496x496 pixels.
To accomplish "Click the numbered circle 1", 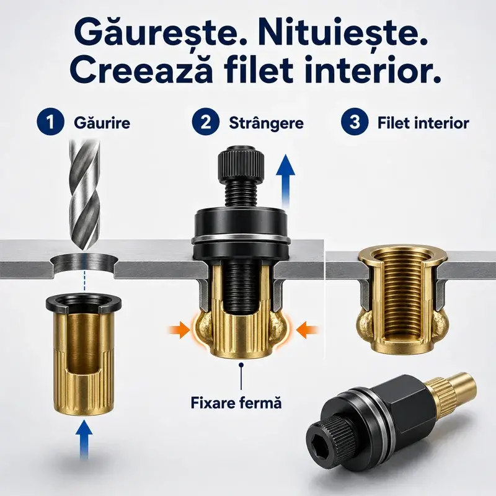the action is click(x=51, y=122).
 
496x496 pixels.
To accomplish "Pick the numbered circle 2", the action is click(x=206, y=122).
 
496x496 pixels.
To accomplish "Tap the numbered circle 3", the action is click(x=355, y=122).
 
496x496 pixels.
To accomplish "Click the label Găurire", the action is click(x=102, y=122).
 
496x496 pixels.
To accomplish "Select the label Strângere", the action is click(x=266, y=123).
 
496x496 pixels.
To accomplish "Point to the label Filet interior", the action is click(x=423, y=123).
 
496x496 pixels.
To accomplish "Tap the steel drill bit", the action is click(x=84, y=196).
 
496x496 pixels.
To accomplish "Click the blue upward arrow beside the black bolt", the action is click(x=285, y=180).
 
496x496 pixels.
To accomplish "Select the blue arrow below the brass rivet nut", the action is click(x=84, y=438).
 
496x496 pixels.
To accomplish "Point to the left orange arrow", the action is click(x=179, y=330).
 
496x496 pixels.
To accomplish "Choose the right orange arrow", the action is click(x=307, y=330).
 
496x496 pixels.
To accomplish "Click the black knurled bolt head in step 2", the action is click(x=241, y=164).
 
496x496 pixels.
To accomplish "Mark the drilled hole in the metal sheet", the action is click(x=84, y=264).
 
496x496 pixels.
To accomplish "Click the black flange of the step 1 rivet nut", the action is click(x=84, y=303).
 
